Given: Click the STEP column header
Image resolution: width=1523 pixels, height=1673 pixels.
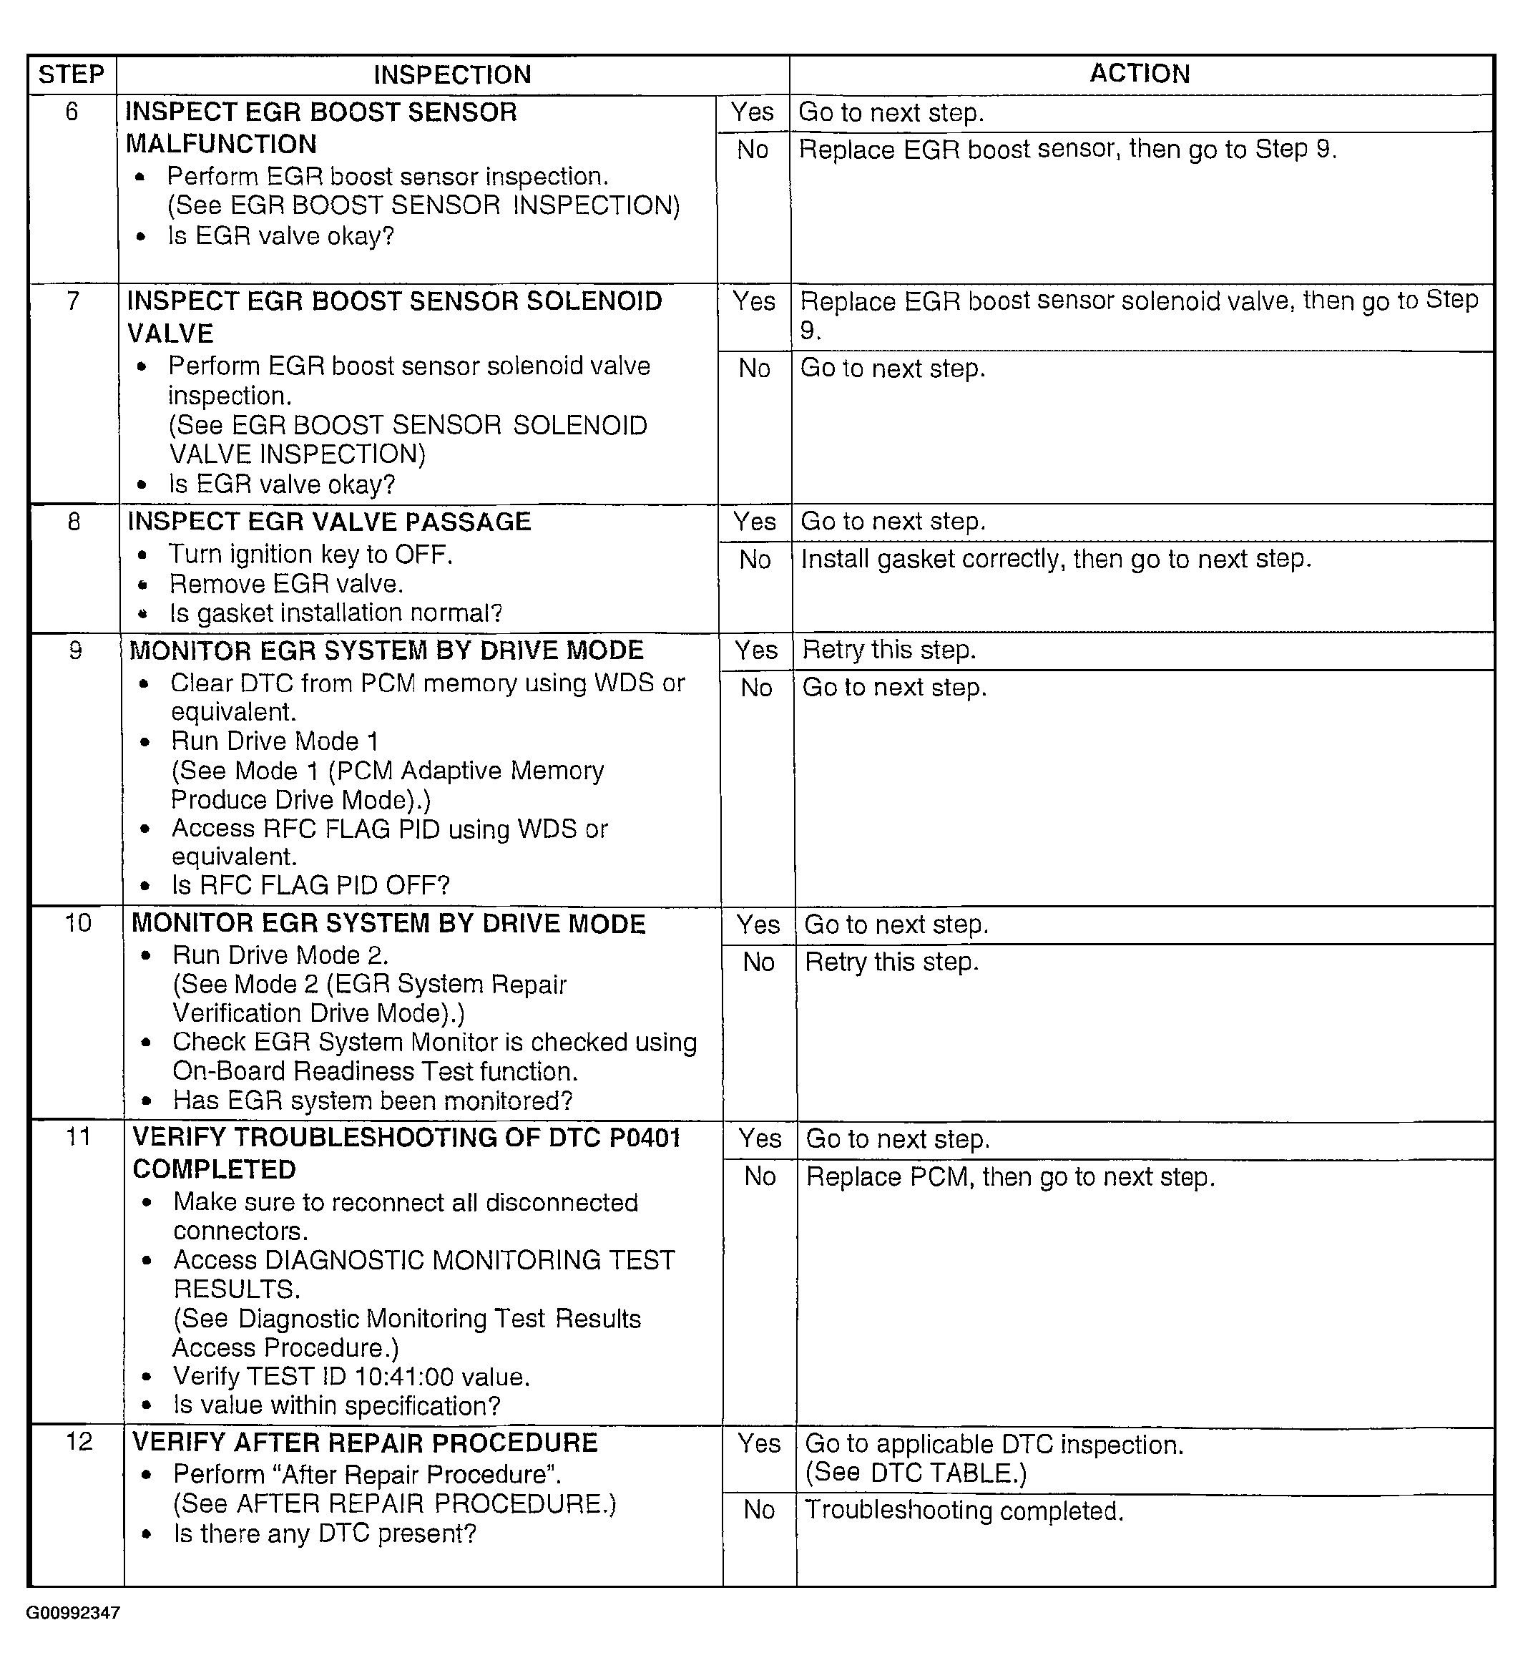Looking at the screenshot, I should click(72, 74).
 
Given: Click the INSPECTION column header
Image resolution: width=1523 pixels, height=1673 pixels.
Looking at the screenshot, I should click(452, 74).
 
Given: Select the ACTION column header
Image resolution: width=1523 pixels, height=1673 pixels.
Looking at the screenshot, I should click(1140, 74).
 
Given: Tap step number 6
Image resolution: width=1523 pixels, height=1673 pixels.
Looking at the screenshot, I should click(72, 111).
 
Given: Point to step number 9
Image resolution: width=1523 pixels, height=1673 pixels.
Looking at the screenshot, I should click(76, 650).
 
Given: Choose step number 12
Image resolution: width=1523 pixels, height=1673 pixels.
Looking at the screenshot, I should click(79, 1441).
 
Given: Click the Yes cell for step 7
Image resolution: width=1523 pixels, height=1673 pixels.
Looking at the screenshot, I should click(753, 301).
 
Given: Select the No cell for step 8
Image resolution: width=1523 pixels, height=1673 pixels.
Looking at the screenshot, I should click(755, 560).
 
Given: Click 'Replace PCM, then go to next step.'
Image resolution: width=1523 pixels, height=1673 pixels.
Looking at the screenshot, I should click(1010, 1176).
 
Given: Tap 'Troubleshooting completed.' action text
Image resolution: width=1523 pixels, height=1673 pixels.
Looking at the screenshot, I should click(964, 1511).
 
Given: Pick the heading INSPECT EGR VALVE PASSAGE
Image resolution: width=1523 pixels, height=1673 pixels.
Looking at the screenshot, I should click(329, 521).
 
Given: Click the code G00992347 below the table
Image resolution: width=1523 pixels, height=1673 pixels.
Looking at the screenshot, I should click(73, 1613).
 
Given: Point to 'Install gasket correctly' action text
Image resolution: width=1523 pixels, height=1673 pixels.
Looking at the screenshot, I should click(1055, 560).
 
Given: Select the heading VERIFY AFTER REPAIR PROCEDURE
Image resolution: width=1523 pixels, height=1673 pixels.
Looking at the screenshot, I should click(365, 1443).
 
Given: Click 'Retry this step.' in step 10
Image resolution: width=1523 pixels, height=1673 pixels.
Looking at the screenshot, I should click(892, 962).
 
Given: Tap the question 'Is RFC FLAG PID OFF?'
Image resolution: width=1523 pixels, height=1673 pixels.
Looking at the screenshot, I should click(310, 885).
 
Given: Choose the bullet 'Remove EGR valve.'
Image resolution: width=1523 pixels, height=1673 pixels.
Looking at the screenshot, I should click(286, 584).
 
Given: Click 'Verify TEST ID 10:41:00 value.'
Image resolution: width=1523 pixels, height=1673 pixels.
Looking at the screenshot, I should click(351, 1377).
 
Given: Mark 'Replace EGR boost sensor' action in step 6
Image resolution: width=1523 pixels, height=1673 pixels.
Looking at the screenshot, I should click(1067, 150).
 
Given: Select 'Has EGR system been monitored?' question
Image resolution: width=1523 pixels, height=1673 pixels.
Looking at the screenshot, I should click(373, 1101).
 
